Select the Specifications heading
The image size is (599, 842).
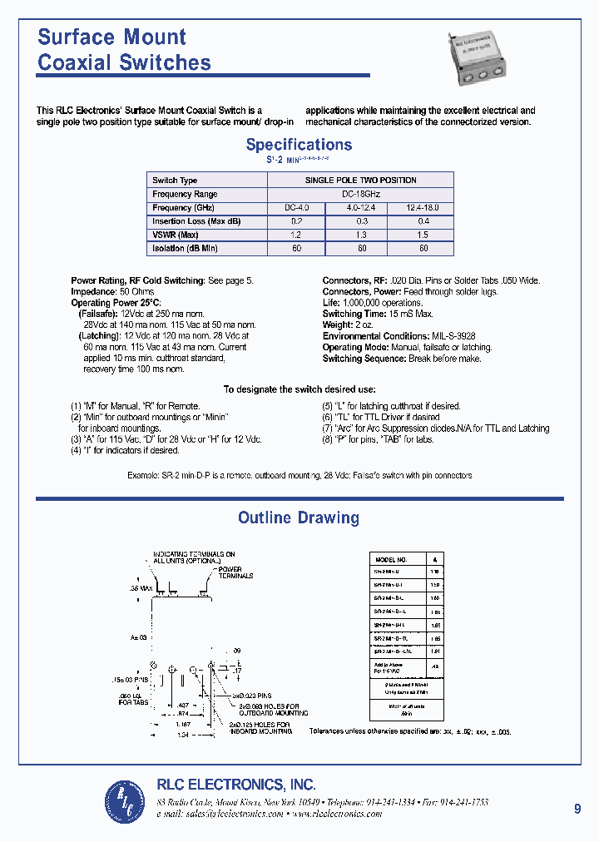[x=299, y=145]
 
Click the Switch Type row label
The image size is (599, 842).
[x=175, y=181]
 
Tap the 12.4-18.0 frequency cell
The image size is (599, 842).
[x=423, y=208]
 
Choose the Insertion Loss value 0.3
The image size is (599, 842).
[x=361, y=221]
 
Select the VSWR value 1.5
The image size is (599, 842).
[x=423, y=235]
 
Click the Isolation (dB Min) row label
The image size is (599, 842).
[x=185, y=249]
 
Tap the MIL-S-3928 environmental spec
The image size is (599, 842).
[x=454, y=336]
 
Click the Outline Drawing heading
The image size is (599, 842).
[x=299, y=518]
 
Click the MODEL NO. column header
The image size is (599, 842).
[x=392, y=560]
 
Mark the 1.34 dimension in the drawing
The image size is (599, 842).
[x=182, y=736]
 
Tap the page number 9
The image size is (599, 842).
[x=577, y=808]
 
